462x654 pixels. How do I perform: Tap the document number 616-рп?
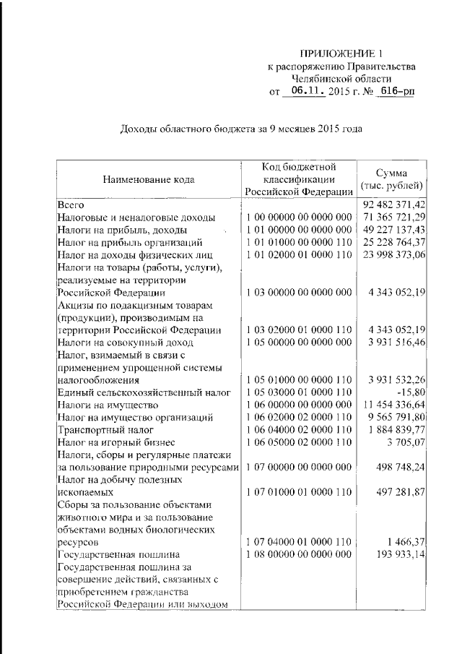tap(395, 92)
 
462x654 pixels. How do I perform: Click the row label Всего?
tap(71, 205)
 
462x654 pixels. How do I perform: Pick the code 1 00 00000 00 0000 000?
tap(299, 217)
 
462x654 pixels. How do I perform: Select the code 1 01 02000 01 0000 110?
tap(299, 254)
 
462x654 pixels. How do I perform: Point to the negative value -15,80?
tap(410, 392)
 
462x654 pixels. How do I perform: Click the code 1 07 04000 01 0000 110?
tap(299, 541)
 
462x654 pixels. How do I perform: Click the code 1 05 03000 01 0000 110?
tap(299, 392)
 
